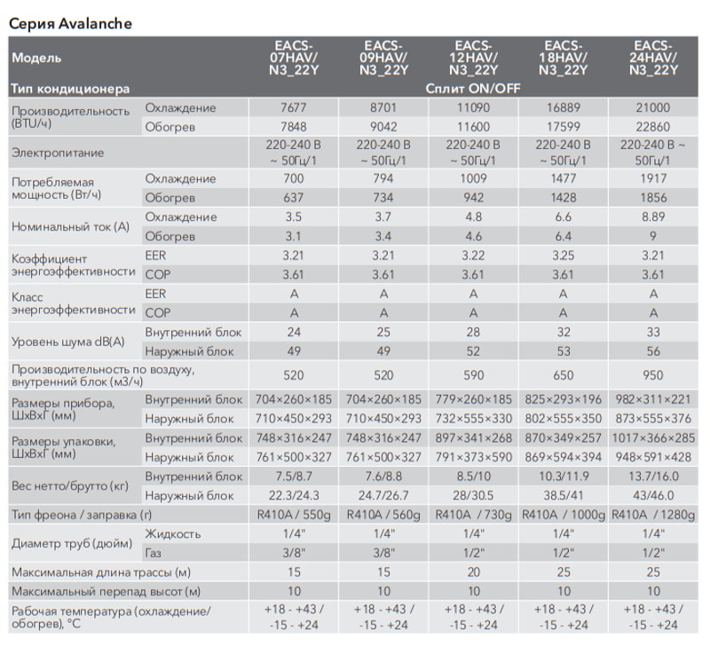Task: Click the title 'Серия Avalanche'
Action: [71, 24]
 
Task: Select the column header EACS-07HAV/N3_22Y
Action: [294, 58]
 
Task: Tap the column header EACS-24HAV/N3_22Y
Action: [653, 58]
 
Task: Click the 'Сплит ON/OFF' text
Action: [473, 88]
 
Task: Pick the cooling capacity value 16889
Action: [564, 107]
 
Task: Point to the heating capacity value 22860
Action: [653, 127]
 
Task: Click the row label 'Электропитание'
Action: [58, 153]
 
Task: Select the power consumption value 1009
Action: [473, 178]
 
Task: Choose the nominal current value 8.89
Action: [653, 217]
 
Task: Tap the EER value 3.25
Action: [564, 256]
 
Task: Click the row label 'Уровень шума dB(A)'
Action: [68, 342]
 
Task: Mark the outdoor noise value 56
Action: [653, 351]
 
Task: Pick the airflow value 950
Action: [653, 374]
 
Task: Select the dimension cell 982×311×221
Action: [653, 399]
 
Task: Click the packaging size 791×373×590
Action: [473, 457]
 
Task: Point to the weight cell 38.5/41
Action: [564, 496]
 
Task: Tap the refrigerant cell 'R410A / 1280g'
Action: [653, 516]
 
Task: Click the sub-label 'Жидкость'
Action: [173, 534]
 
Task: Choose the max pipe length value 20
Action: [474, 572]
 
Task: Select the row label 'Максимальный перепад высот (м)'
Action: [106, 592]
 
